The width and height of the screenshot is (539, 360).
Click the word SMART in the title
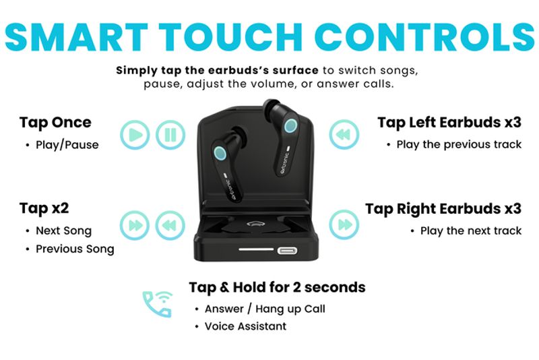[x=77, y=37]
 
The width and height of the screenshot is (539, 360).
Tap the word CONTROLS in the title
[x=424, y=37]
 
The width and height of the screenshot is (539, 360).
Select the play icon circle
[x=135, y=135]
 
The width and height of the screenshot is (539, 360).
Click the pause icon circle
[x=170, y=135]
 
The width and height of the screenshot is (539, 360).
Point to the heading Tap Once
[x=55, y=123]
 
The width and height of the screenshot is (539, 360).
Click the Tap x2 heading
[x=44, y=208]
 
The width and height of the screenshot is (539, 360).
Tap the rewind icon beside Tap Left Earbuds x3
[x=344, y=134]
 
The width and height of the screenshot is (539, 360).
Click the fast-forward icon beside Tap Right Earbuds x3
[x=344, y=224]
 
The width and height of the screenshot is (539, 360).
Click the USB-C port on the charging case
[x=288, y=250]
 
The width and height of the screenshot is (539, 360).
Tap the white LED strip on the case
[x=256, y=249]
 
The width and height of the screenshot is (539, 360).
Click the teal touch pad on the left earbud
[x=220, y=153]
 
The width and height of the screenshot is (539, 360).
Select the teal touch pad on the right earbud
[x=291, y=125]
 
